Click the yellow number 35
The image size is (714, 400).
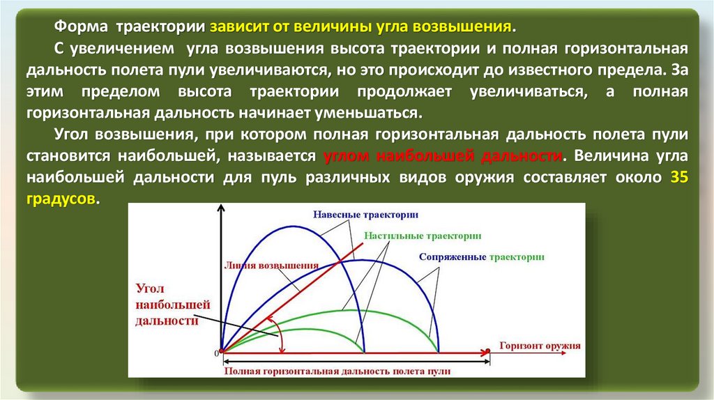[x=679, y=176]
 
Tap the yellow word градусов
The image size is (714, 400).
[x=61, y=199]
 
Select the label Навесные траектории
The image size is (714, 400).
[x=365, y=215]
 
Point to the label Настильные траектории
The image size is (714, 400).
[x=423, y=236]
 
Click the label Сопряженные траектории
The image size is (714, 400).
[x=481, y=257]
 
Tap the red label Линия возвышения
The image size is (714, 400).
[x=271, y=266]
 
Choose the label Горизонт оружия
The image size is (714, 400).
[x=540, y=346]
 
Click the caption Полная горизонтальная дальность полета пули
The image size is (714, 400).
[x=337, y=371]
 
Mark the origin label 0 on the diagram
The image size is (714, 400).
[x=217, y=353]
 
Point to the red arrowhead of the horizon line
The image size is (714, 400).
[x=484, y=352]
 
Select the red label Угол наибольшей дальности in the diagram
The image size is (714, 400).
[x=173, y=305]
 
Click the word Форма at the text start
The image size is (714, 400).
[x=81, y=26]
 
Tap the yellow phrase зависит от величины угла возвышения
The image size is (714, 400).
[x=360, y=26]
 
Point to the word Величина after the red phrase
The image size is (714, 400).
[x=607, y=155]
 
